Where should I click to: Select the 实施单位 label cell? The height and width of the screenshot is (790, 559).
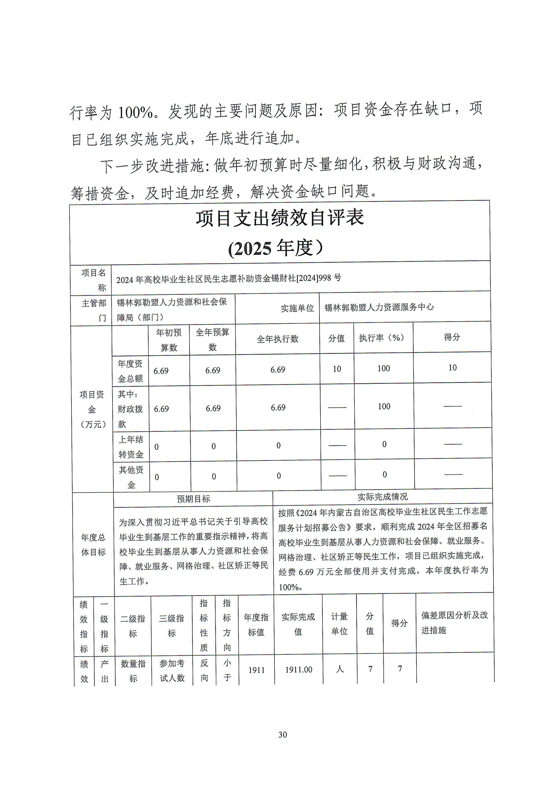coord(297,308)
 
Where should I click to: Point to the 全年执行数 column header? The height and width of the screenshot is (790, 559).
coord(277,339)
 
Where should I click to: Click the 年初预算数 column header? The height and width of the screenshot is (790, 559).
coord(169,340)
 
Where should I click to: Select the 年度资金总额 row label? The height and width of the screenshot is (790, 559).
coord(130,371)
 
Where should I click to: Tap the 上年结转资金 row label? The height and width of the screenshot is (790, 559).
coord(131,447)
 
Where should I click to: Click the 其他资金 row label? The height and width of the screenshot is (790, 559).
coord(131,477)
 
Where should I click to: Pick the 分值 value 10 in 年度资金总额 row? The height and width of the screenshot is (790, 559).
coord(337,369)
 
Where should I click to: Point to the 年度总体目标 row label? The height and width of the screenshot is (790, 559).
coord(93,545)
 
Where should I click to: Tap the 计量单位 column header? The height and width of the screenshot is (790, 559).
coord(339,624)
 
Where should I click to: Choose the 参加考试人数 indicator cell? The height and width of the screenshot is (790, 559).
coord(172,670)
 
